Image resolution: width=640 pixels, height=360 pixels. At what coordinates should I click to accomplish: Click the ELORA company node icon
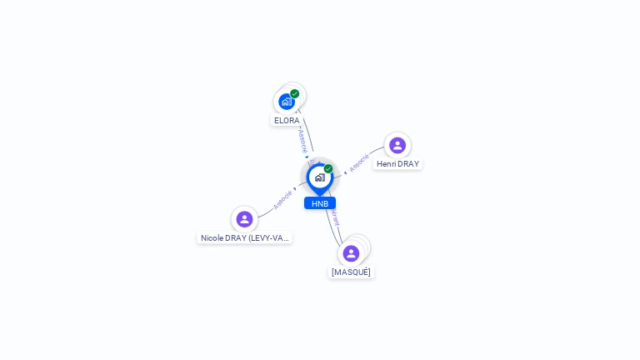287,102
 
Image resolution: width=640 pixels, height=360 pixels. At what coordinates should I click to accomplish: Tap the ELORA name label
287,121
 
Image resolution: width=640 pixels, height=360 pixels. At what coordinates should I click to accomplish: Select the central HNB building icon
319,177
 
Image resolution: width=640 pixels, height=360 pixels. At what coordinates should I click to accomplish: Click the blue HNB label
320,203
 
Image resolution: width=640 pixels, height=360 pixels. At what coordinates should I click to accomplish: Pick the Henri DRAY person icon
397,145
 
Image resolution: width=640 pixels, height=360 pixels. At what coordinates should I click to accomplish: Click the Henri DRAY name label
397,164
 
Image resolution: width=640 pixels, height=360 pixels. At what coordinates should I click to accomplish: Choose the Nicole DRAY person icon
244,219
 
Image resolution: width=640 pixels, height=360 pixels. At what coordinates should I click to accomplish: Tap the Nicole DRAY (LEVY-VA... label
244,238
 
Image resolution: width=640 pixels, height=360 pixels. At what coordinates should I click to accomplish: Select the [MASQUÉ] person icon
351,253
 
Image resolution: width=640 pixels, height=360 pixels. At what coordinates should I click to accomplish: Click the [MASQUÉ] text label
351,272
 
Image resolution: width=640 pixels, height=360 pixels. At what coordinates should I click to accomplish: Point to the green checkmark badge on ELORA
295,93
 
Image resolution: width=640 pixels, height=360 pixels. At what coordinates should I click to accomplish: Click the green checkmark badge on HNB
328,168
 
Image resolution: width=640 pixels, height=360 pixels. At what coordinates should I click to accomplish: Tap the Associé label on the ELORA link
302,140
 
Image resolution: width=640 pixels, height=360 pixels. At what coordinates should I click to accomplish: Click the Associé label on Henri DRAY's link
359,162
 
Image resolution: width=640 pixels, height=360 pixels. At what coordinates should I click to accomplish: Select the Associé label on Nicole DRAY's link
282,200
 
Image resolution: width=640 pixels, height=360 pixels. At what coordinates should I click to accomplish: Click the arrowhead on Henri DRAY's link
345,172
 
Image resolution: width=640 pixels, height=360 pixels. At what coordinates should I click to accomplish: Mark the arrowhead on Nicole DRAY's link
295,189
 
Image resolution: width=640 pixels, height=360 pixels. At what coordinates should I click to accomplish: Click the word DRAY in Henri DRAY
408,164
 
